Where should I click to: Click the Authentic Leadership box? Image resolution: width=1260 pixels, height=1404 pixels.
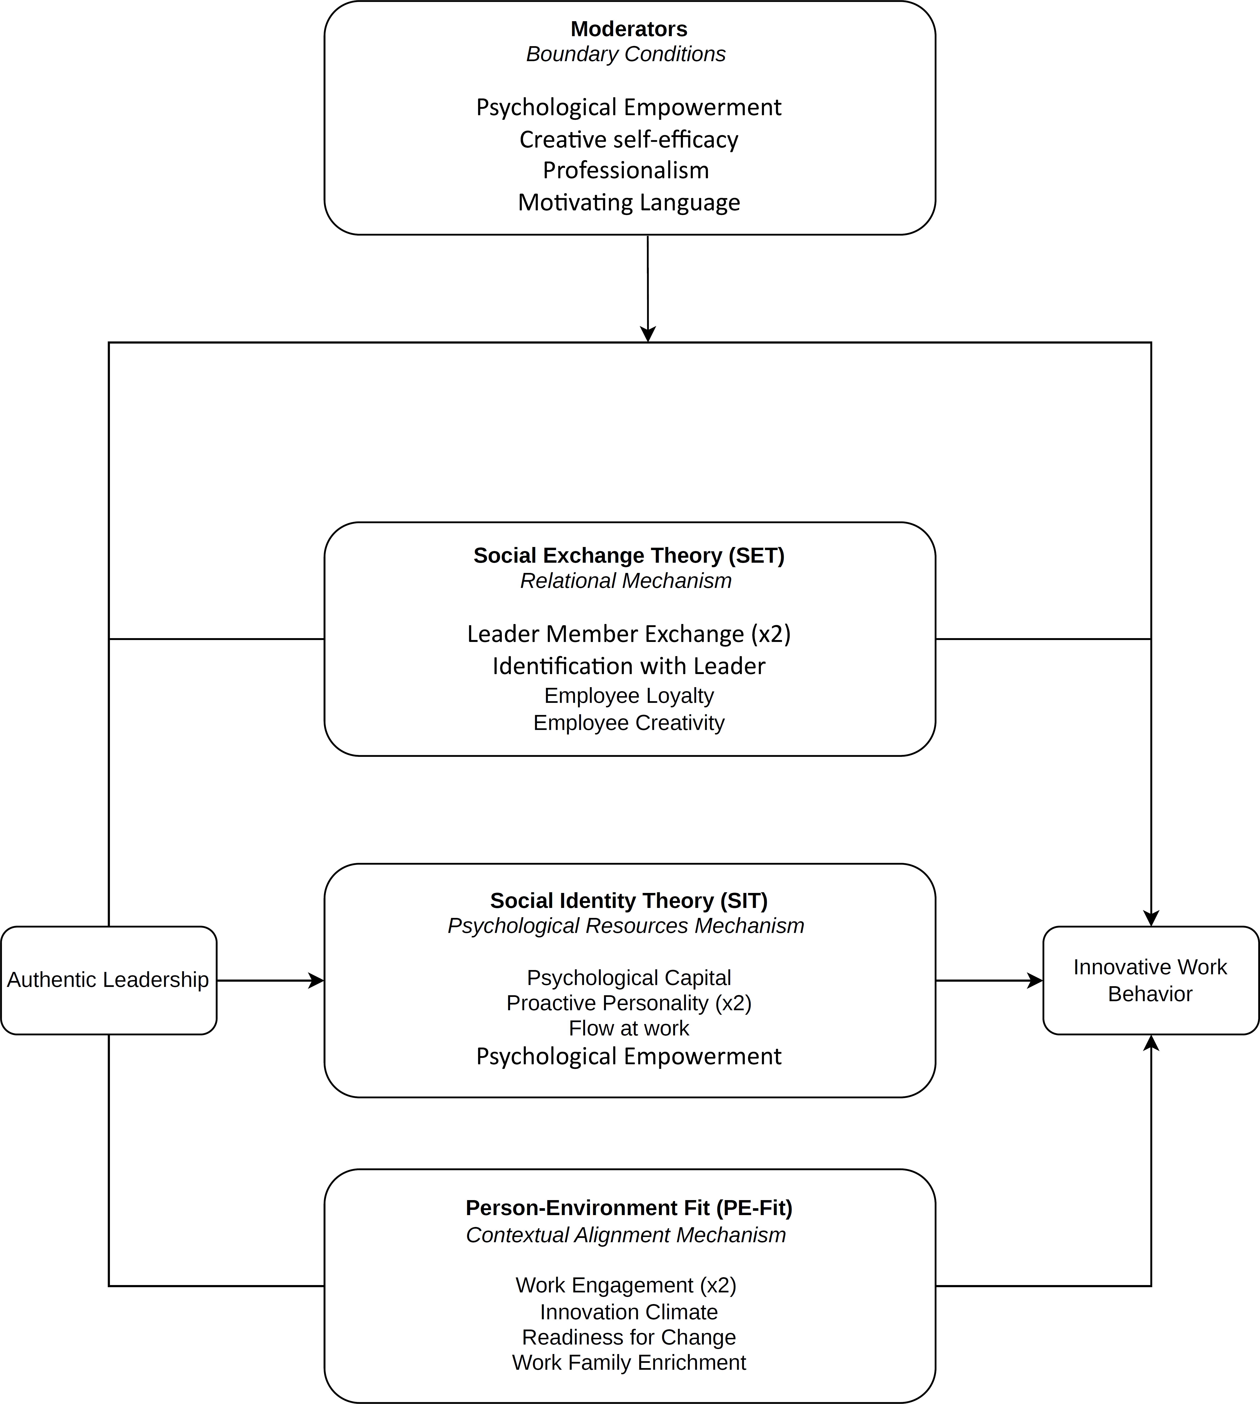coord(109,980)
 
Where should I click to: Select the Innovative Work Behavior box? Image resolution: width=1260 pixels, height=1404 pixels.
coord(1151,980)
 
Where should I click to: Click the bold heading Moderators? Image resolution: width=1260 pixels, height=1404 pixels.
coord(629,29)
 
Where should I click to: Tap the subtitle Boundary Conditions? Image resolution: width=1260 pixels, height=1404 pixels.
coord(626,54)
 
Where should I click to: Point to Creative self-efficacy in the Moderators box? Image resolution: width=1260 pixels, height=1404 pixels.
coord(629,139)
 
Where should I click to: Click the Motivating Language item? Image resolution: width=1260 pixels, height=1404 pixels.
coord(629,202)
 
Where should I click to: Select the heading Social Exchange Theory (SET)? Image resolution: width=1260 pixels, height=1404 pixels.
coord(629,555)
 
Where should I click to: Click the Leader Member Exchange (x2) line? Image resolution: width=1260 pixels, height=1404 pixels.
coord(629,633)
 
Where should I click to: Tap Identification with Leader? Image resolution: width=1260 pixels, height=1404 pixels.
coord(629,666)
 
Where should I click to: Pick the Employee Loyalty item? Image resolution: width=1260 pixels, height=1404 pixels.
coord(629,695)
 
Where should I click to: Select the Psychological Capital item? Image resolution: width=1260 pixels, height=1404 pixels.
coord(629,978)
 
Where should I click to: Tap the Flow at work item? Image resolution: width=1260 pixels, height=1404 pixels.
coord(629,1028)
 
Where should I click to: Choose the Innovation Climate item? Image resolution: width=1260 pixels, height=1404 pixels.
coord(629,1311)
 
